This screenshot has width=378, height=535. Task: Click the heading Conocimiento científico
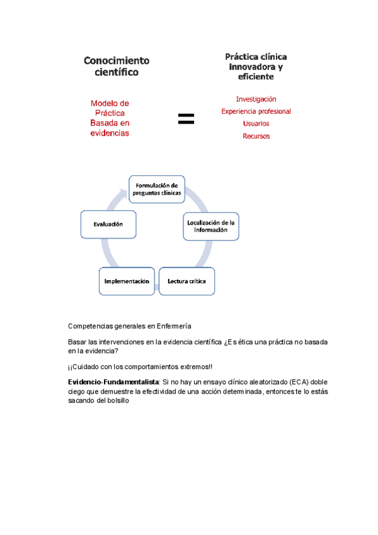117,66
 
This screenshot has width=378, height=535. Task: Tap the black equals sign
186,118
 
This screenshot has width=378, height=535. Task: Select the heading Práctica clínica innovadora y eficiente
256,66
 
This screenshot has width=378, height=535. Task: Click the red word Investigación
256,99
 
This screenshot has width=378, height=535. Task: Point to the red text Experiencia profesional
256,111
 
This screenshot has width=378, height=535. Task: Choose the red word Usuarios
256,124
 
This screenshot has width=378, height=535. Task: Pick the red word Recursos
256,136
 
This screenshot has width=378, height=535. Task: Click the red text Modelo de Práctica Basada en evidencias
110,118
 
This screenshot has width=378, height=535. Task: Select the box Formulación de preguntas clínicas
157,189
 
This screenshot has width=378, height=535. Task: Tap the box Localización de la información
211,226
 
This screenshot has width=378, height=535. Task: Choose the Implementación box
127,281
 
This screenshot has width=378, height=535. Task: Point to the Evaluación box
108,224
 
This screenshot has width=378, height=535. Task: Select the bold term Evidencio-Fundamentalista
114,382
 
